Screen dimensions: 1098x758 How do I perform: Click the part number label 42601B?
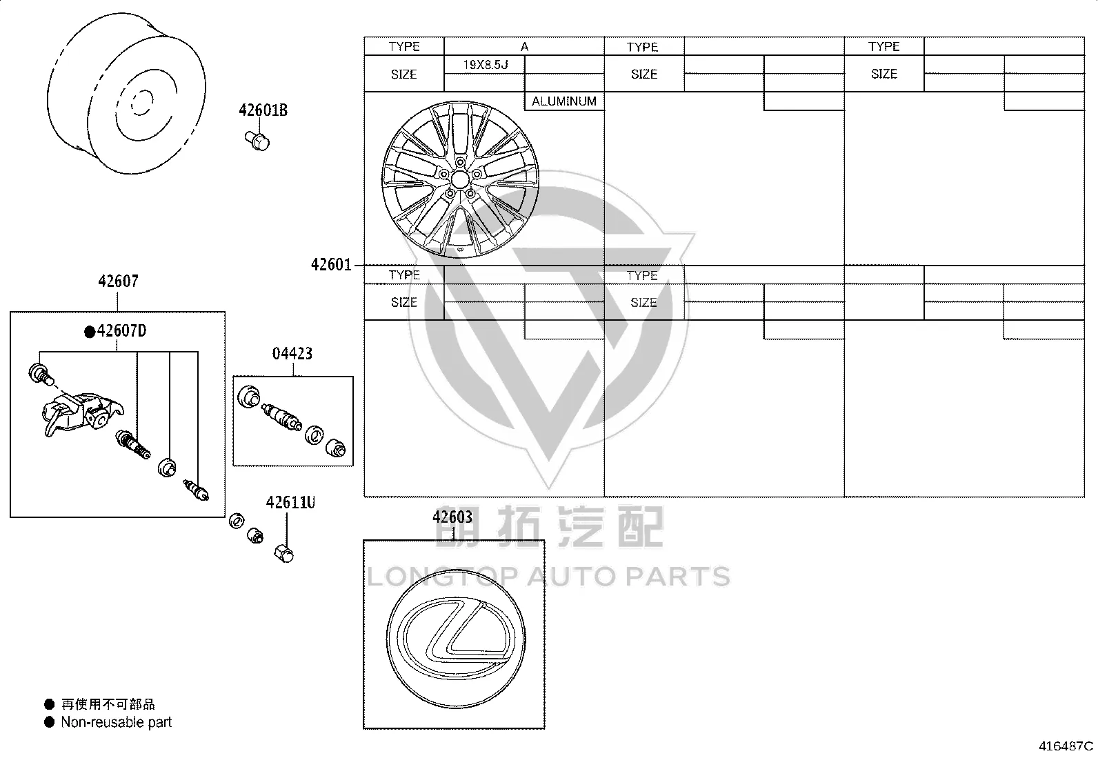pos(263,110)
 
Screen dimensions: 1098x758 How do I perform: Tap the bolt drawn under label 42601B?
pos(257,141)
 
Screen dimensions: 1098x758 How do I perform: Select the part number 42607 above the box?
pos(118,281)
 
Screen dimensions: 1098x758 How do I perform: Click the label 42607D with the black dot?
pos(116,331)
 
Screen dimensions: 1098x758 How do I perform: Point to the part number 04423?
pos(292,354)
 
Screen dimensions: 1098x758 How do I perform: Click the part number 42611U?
pos(290,503)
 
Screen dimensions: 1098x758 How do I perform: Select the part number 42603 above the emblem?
pos(452,517)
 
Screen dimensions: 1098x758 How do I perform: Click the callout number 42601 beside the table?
pos(331,265)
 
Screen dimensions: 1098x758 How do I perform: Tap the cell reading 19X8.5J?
pos(486,65)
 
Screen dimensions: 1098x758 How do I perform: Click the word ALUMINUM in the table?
pos(564,101)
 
